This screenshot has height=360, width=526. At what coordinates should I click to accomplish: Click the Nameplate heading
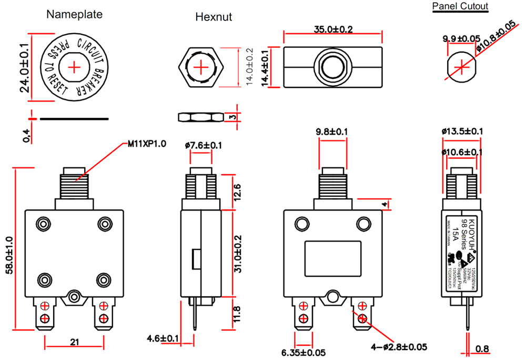coord(74,14)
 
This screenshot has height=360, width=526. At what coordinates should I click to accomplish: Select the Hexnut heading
coord(214,17)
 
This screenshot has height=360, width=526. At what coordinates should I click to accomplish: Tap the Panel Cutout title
coord(460,6)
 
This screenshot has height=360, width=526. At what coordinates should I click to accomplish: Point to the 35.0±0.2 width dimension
coord(333,29)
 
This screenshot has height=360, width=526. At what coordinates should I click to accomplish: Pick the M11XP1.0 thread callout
coord(147,143)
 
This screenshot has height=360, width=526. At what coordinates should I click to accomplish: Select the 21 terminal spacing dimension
coord(74,342)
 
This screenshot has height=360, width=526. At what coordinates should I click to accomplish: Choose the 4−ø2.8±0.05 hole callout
coord(398,347)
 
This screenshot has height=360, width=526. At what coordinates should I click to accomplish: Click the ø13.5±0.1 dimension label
coord(462,132)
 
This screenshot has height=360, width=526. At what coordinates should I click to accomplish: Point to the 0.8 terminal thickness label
coord(482,348)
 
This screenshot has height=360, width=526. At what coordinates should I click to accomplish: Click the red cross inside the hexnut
coord(201,67)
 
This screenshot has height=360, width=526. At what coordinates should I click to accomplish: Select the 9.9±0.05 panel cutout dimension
coord(461,39)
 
